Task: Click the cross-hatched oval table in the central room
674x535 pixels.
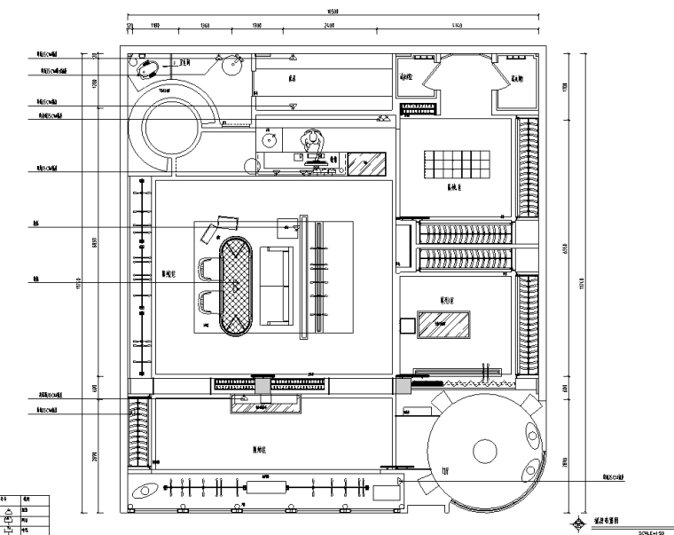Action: tap(235, 286)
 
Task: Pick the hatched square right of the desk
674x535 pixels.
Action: tap(365, 165)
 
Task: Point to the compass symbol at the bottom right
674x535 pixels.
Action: tap(581, 523)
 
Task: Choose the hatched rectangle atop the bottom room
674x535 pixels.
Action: tap(267, 405)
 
